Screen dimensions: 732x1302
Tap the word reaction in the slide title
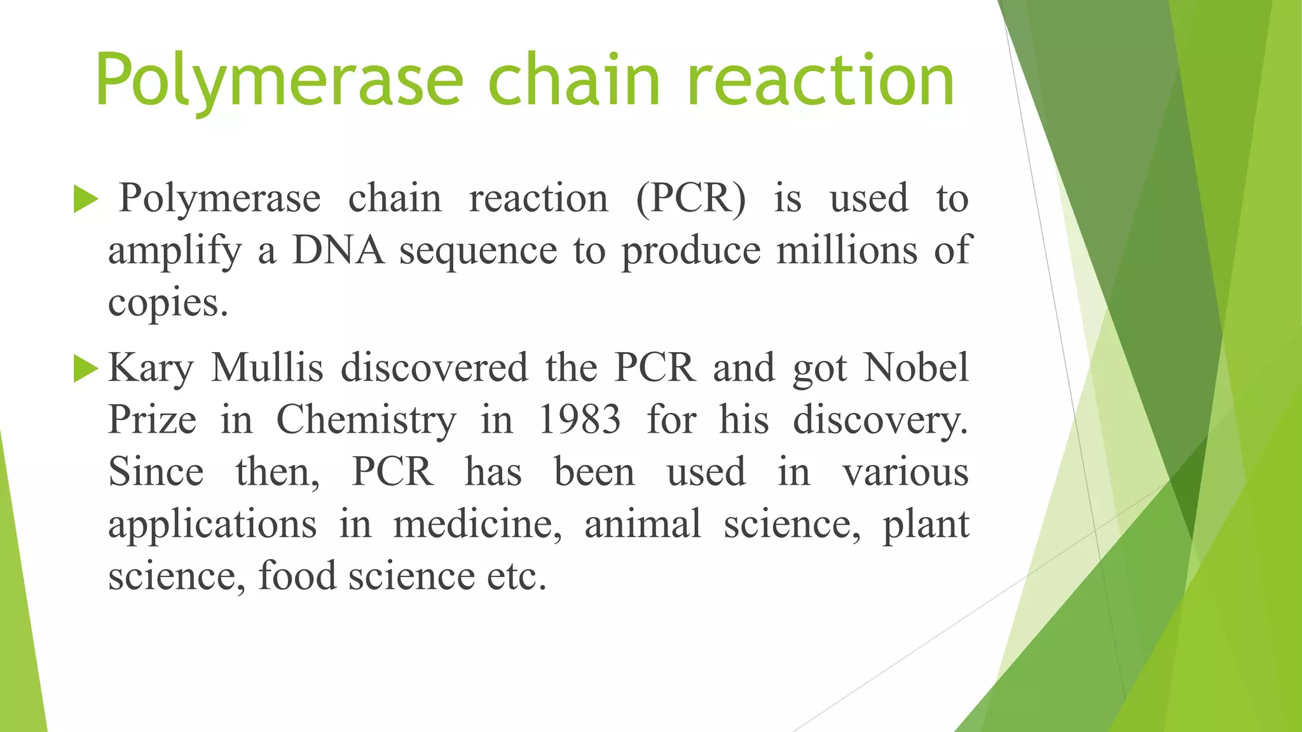point(821,81)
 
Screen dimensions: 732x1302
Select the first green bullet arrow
point(86,199)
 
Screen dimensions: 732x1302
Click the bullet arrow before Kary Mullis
point(86,369)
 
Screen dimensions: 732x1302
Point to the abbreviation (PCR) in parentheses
point(691,199)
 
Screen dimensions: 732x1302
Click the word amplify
point(175,251)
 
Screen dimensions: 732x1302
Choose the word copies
point(167,303)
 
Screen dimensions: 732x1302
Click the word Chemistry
point(366,421)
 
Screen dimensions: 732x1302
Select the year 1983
point(579,420)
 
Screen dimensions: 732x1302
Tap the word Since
point(156,472)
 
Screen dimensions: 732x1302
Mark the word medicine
point(477,525)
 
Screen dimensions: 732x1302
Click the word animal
point(643,524)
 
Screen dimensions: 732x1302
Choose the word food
point(297,576)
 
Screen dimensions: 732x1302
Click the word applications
point(212,525)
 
